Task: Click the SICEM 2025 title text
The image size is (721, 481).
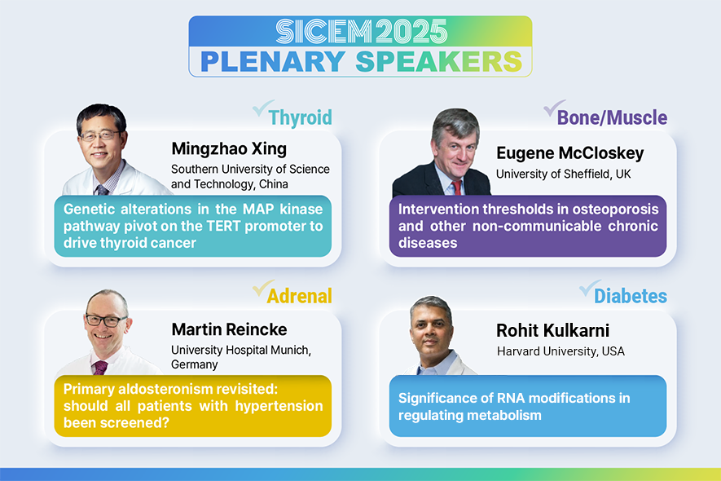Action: pyautogui.click(x=362, y=31)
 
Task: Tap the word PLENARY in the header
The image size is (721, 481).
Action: pyautogui.click(x=273, y=62)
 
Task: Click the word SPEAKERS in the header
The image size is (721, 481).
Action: pyautogui.click(x=439, y=62)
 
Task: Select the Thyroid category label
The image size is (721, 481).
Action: pyautogui.click(x=301, y=117)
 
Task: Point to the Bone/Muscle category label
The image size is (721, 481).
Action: pyautogui.click(x=612, y=117)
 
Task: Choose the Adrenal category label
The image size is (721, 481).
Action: pyautogui.click(x=299, y=296)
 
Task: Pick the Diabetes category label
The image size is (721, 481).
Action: pyautogui.click(x=631, y=296)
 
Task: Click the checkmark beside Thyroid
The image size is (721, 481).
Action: pyautogui.click(x=262, y=108)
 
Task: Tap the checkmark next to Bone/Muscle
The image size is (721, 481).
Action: pyautogui.click(x=554, y=108)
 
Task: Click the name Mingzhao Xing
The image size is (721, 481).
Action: pyautogui.click(x=229, y=148)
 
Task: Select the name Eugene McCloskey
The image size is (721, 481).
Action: pyautogui.click(x=569, y=152)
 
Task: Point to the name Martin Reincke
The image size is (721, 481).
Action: pyautogui.click(x=229, y=329)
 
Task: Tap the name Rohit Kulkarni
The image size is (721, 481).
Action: pyautogui.click(x=552, y=330)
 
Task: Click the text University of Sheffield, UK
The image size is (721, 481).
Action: pyautogui.click(x=563, y=174)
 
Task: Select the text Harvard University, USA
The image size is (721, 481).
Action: pyautogui.click(x=561, y=351)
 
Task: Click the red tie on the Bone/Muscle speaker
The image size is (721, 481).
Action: pyautogui.click(x=456, y=188)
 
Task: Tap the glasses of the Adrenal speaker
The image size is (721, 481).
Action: pyautogui.click(x=106, y=320)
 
